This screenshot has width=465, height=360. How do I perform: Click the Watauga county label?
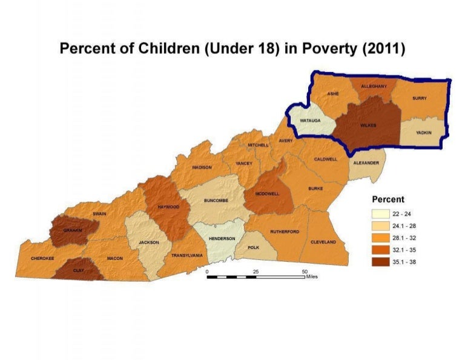tap(310, 121)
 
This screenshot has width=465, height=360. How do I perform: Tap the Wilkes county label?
tap(368, 125)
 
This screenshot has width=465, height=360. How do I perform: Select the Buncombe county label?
tap(216, 201)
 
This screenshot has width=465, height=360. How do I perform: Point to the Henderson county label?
tap(222, 239)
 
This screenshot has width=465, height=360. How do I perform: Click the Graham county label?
tap(73, 230)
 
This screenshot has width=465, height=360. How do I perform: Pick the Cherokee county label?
tap(42, 259)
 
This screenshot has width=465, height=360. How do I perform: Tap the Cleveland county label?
tap(323, 242)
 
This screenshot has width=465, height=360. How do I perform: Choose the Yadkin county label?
tap(424, 132)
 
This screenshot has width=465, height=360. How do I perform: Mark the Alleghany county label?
tap(374, 87)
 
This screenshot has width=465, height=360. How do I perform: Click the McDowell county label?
tap(266, 193)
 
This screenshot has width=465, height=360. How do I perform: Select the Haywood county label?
tap(168, 207)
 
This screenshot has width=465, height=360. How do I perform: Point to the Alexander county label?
tap(366, 163)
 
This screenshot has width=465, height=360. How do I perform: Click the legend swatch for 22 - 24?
tap(381, 214)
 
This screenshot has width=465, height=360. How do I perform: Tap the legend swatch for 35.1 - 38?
tap(381, 262)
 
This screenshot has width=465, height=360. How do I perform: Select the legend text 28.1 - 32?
tap(404, 238)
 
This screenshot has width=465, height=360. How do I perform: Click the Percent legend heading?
tap(388, 199)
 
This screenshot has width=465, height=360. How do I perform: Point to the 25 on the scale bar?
tap(256, 272)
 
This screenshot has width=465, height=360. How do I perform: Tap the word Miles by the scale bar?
tap(311, 276)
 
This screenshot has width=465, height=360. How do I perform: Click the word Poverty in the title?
tap(329, 49)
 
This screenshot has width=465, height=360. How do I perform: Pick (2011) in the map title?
tap(383, 49)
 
